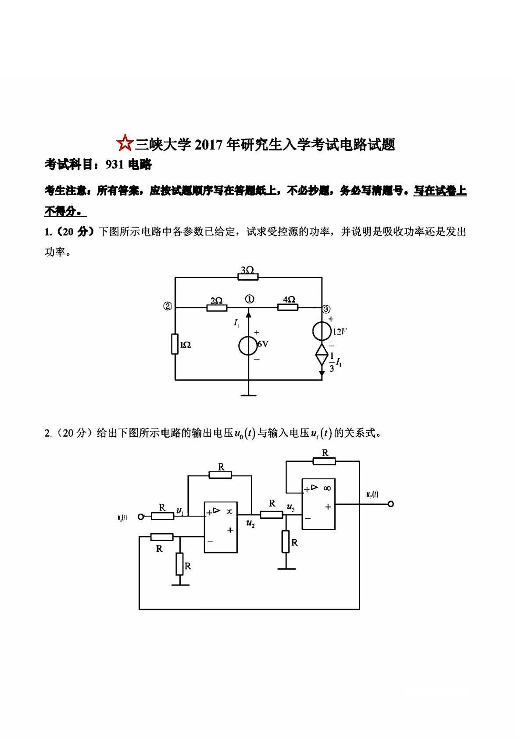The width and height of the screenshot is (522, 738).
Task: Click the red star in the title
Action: tap(125, 143)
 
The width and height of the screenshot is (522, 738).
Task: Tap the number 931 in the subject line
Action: tap(115, 164)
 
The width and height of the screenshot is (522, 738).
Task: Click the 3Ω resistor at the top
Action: tap(248, 277)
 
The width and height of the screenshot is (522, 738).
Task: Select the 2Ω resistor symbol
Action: tap(217, 307)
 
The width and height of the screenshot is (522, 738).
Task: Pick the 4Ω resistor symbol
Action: tap(288, 307)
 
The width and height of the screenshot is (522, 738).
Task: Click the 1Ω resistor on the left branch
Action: tap(175, 344)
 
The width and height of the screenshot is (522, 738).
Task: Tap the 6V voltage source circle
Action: tap(248, 346)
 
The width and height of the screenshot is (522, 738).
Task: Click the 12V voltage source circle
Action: tap(322, 331)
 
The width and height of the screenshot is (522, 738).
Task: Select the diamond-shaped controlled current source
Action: tap(322, 354)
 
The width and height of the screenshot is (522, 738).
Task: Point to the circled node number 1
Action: tap(249, 299)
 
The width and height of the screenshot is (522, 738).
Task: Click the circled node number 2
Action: tap(168, 307)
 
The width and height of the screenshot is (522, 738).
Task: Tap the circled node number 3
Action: tap(326, 309)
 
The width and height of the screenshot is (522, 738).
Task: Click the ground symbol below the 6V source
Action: tap(248, 395)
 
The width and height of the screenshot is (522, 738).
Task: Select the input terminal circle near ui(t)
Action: tap(141, 517)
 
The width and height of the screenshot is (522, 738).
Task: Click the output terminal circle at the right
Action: tap(391, 504)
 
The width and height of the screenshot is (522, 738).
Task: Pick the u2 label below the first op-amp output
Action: tap(250, 524)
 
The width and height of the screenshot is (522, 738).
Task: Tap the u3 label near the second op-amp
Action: tap(290, 507)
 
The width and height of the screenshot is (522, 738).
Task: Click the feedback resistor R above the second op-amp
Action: tap(324, 461)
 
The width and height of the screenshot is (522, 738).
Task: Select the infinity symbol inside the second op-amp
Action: tap(327, 488)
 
